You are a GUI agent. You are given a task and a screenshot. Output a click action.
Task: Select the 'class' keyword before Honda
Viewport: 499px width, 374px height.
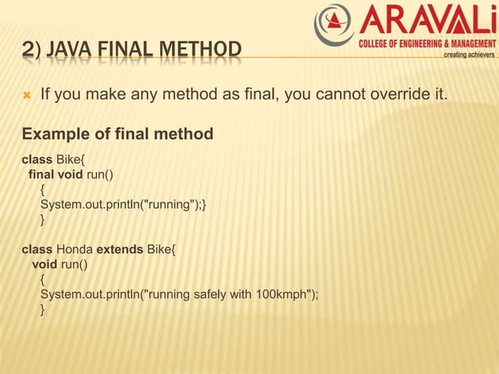36,250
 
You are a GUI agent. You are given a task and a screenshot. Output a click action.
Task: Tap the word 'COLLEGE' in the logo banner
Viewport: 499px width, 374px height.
375,44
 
